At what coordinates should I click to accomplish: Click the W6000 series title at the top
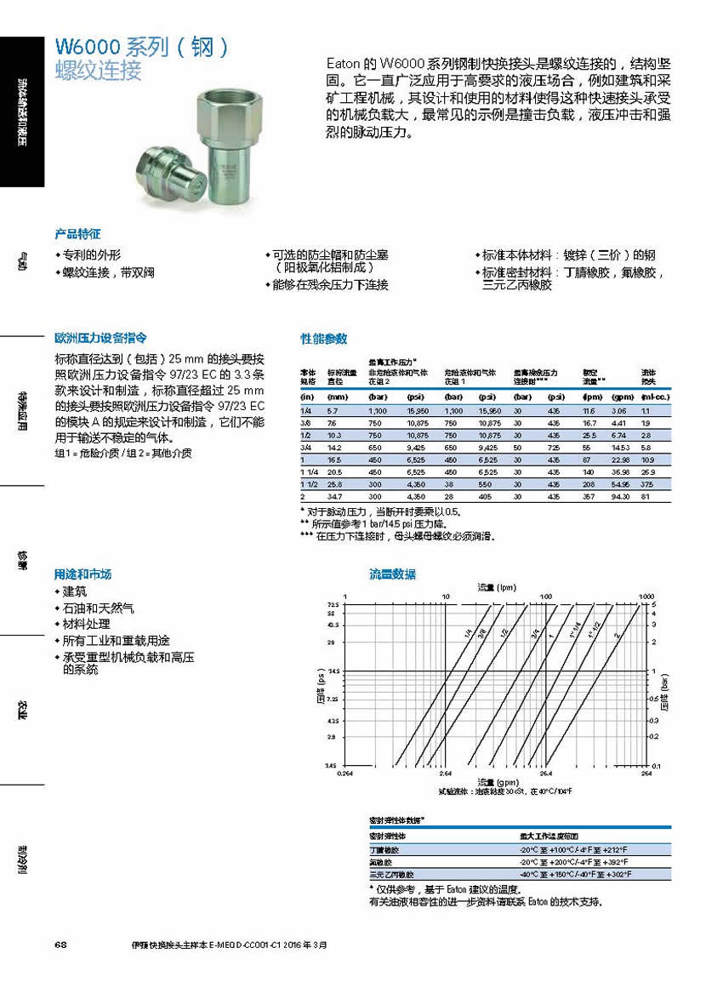pyautogui.click(x=141, y=47)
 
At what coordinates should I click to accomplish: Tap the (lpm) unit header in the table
pyautogui.click(x=592, y=397)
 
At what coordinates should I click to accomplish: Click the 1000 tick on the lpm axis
pyautogui.click(x=645, y=597)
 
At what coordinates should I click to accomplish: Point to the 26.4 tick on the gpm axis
pyautogui.click(x=545, y=774)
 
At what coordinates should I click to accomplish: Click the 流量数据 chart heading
pyautogui.click(x=393, y=574)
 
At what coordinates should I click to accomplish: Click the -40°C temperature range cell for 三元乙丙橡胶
pyautogui.click(x=578, y=874)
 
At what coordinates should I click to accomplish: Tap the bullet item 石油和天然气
pyautogui.click(x=98, y=608)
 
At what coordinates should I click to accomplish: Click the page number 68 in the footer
pyautogui.click(x=60, y=945)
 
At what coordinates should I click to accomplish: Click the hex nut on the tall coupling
pyautogui.click(x=228, y=100)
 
